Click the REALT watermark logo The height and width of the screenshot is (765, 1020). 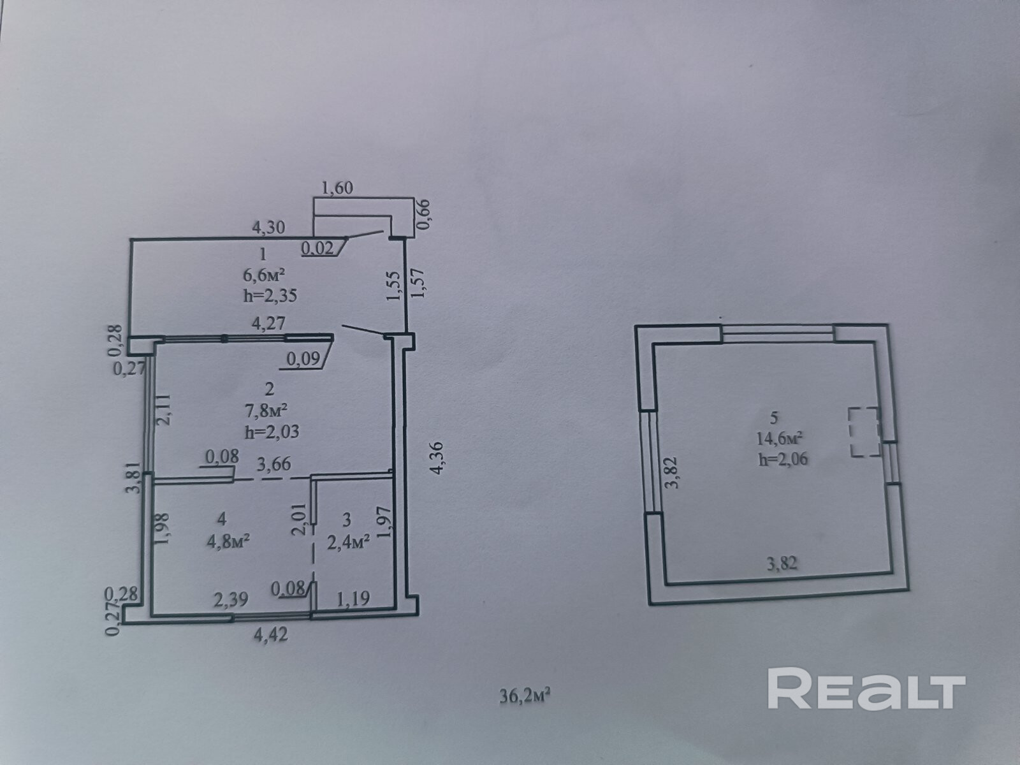866,688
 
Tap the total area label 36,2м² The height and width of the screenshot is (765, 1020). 525,694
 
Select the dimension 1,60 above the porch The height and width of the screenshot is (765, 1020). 338,188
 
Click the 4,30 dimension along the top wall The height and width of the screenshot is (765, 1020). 269,226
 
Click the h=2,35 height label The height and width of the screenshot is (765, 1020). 271,295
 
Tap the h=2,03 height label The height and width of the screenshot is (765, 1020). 272,431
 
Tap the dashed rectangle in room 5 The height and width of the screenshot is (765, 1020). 864,432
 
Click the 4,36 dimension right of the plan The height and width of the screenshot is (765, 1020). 438,458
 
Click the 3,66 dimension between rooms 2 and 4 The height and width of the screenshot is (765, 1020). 273,464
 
